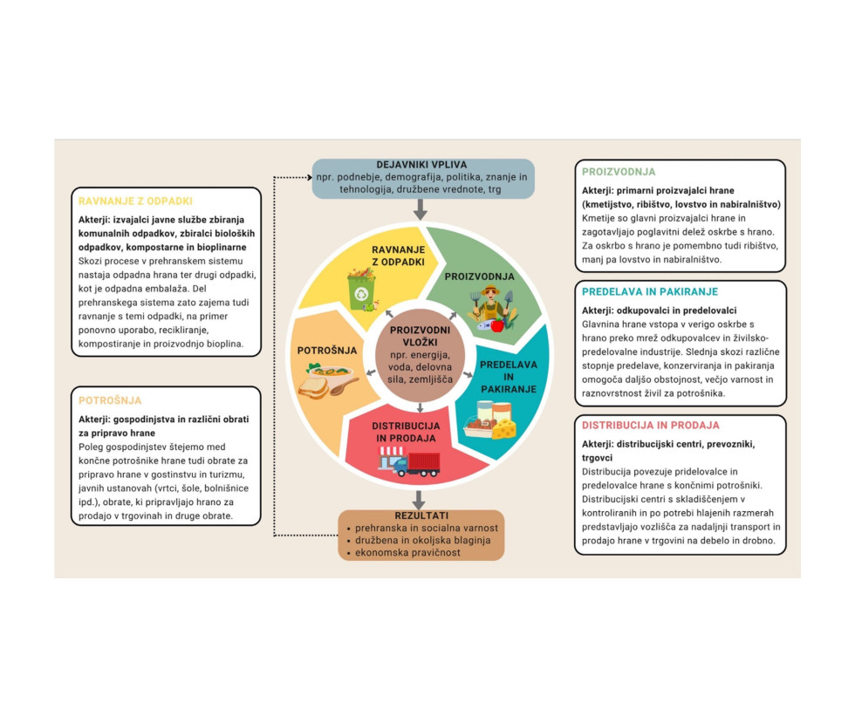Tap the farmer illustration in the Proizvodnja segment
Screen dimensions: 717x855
pos(492,306)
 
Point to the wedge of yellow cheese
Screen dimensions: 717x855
pos(503,427)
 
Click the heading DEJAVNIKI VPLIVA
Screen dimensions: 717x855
pos(423,164)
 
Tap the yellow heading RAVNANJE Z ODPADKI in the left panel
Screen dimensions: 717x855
pos(135,201)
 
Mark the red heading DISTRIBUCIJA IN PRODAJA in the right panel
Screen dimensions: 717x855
pos(650,426)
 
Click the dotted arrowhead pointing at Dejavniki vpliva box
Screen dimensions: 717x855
pos(308,178)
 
